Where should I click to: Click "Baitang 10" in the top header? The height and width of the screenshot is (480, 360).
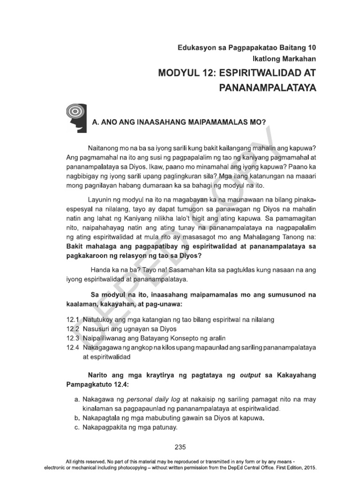298,48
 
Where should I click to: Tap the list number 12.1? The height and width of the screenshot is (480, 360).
73,319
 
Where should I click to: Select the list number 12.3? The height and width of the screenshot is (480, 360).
73,338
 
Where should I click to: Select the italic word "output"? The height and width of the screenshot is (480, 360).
252,375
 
